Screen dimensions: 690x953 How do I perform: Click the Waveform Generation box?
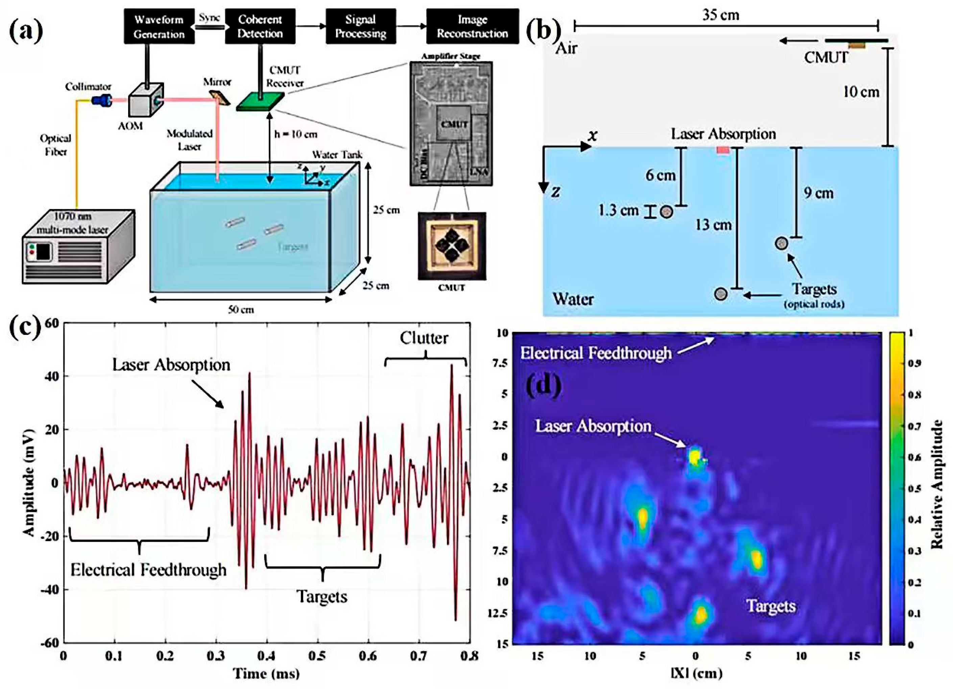[159, 26]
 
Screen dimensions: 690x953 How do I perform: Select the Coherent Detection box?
[260, 26]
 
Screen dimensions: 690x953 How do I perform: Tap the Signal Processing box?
[360, 26]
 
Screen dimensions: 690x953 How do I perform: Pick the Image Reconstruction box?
[472, 26]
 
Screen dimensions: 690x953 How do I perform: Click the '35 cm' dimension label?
[721, 16]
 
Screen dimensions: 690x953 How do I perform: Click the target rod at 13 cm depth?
[721, 294]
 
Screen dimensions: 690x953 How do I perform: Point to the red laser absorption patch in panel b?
[723, 150]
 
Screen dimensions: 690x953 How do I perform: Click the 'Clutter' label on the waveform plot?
[424, 338]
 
